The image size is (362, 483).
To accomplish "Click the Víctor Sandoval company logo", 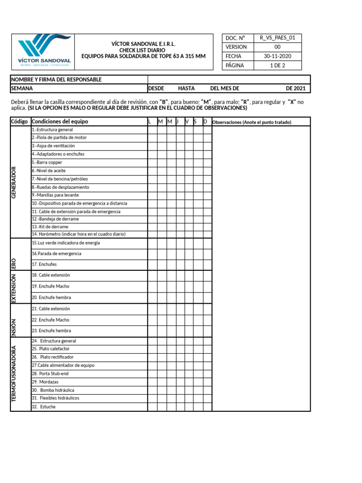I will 44,52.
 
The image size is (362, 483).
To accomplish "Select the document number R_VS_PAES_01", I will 277,38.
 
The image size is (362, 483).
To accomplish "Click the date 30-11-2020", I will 277,56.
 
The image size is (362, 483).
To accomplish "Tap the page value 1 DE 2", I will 277,66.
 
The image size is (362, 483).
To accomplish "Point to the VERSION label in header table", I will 236,47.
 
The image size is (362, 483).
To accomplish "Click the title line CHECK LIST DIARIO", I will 143,50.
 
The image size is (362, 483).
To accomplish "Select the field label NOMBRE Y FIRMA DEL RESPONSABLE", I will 56,80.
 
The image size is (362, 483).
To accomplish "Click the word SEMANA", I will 22,88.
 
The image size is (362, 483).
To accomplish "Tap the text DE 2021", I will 296,88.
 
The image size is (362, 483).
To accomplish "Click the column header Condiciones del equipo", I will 60,122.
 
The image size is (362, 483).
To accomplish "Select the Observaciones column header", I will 252,122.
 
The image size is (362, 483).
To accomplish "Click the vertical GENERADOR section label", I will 14,182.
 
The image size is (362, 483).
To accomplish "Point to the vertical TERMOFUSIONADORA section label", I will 14,374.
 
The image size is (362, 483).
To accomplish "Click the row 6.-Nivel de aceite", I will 49,170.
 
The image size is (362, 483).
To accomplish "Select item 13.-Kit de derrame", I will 50,226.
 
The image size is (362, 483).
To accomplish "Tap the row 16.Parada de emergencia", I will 57,254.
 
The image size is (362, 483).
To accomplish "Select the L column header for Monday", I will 149,122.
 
